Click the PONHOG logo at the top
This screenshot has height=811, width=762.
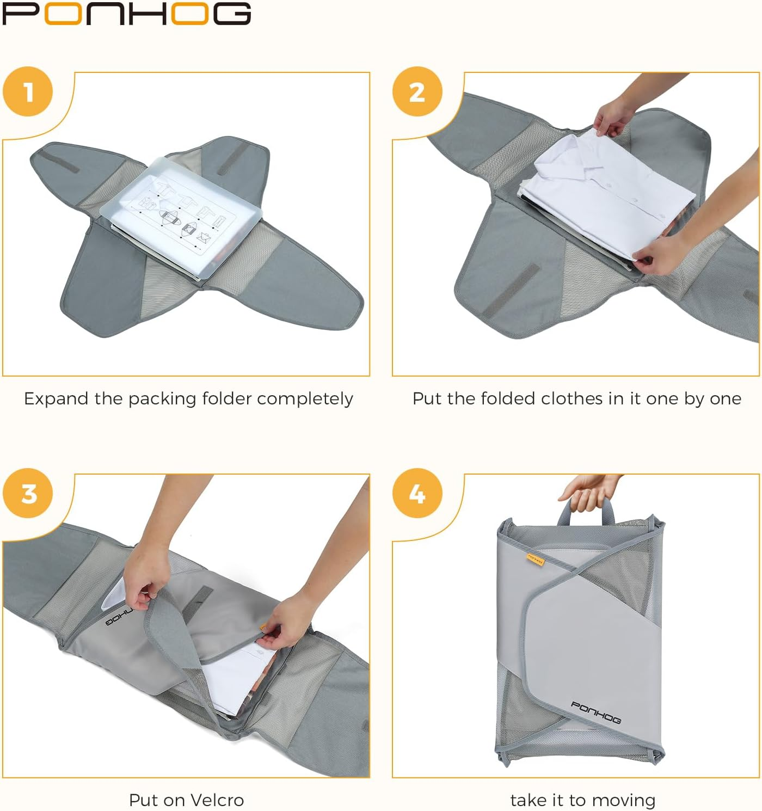126,14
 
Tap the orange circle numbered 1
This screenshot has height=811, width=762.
28,91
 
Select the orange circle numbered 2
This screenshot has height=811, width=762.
417,91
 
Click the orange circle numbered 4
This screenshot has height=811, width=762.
417,493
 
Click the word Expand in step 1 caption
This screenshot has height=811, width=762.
56,399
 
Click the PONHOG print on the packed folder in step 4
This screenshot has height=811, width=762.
595,712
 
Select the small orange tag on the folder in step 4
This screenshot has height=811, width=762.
536,558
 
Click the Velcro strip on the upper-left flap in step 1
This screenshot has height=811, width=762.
60,161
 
